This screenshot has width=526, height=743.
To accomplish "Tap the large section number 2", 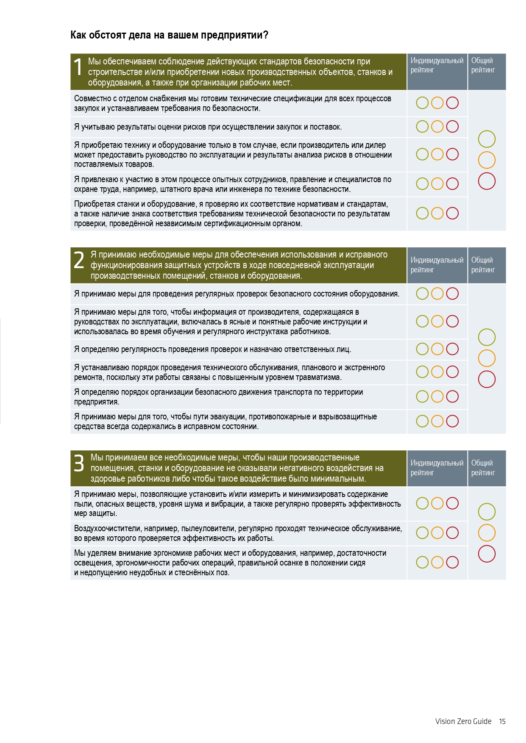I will (x=79, y=260).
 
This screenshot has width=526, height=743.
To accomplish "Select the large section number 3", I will (x=79, y=463).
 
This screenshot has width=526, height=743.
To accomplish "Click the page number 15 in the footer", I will (x=502, y=721).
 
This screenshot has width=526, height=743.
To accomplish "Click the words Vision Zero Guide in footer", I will (x=463, y=721).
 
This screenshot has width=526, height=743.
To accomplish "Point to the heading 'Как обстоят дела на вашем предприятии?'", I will (x=169, y=35).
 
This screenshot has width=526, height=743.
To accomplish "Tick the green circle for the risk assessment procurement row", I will (x=422, y=127).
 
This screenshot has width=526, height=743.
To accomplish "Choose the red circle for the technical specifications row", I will (x=452, y=103).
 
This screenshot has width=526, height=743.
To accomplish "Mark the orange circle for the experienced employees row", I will (x=437, y=184).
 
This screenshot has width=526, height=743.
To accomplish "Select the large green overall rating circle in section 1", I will (x=487, y=139).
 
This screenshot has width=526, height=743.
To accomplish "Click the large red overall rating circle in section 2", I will (x=487, y=379).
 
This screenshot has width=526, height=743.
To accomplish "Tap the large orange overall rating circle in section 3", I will (x=487, y=533).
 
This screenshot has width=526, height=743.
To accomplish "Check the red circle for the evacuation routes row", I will (x=452, y=421).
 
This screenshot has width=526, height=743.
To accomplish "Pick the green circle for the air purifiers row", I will (x=422, y=533).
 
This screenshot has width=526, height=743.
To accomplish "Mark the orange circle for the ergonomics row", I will (x=437, y=562).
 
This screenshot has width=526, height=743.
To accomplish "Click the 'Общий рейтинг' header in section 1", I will (x=483, y=65).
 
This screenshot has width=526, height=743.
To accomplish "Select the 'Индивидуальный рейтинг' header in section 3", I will (x=437, y=468).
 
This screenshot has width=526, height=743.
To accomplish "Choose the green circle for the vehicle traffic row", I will (x=422, y=396).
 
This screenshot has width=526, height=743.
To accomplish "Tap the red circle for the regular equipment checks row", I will (x=452, y=294).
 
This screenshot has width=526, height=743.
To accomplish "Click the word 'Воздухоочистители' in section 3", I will (x=108, y=528).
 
